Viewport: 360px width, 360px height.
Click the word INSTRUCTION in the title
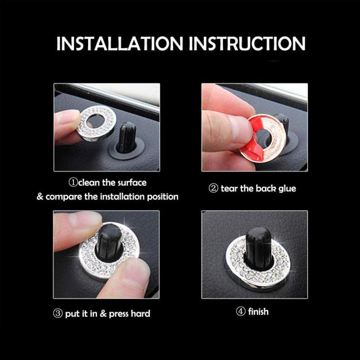(x=247, y=43)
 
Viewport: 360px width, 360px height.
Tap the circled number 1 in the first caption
(x=72, y=183)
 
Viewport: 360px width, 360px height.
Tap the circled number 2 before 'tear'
(x=213, y=189)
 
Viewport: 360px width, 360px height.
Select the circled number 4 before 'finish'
(x=241, y=311)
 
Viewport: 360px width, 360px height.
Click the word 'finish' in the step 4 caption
(x=259, y=311)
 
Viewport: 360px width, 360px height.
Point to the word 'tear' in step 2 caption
(x=230, y=189)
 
